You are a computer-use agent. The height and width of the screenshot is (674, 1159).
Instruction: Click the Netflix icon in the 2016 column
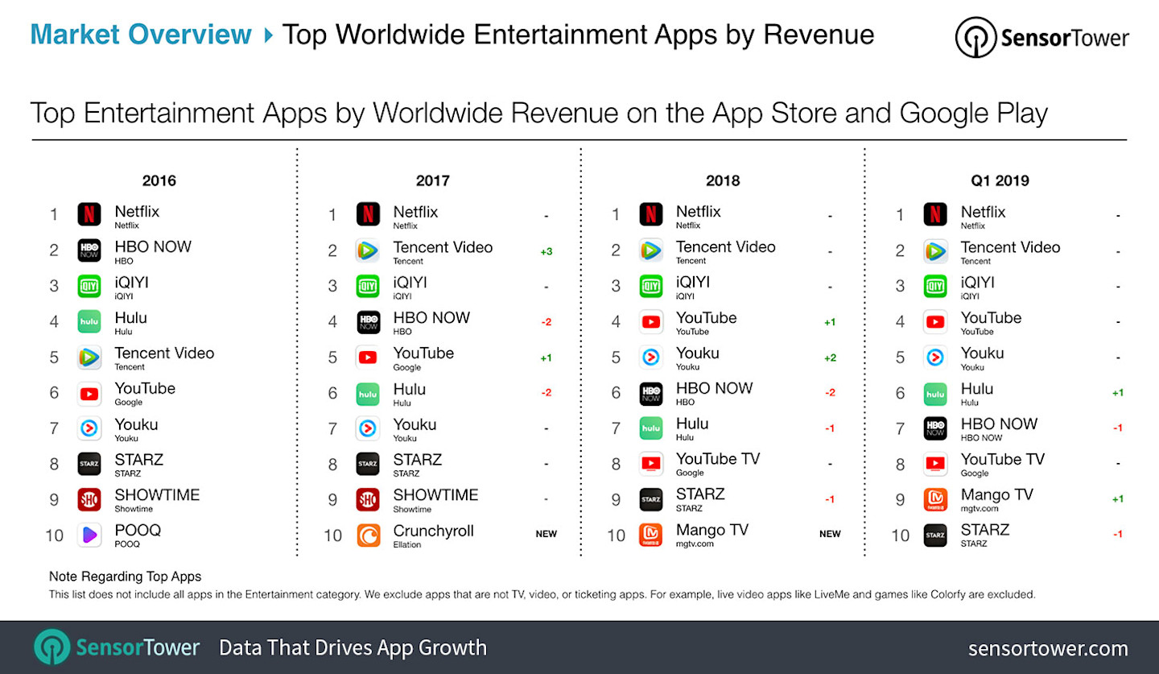coord(89,215)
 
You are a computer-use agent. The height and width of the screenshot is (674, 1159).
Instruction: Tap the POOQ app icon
coord(89,535)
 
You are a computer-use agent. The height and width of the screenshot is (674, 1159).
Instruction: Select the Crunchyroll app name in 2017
coord(433,531)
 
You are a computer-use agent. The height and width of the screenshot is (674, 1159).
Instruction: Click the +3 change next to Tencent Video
coord(546,252)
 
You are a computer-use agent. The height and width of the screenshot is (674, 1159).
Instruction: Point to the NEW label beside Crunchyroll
coord(546,534)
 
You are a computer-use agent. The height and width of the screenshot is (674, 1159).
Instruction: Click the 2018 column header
coord(722,180)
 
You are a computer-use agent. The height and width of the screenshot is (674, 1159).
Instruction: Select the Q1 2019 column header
coord(1000,180)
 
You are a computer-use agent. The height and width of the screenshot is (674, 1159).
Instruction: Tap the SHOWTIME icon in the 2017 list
coord(368,499)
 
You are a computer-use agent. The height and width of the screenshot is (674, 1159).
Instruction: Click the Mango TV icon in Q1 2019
coord(935,499)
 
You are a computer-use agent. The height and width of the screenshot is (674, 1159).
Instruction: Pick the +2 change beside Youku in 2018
coord(830,358)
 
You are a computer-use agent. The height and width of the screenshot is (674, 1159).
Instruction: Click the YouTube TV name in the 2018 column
coord(717,459)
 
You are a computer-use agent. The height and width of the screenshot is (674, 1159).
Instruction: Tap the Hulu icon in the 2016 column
coord(89,321)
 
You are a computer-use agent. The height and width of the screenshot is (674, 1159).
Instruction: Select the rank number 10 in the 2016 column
coord(54,535)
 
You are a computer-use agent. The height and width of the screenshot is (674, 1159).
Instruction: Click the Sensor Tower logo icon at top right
coord(975,38)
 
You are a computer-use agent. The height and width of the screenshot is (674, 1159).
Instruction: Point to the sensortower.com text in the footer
coord(1047,648)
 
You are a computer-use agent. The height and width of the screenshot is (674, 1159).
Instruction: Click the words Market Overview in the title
coord(141,35)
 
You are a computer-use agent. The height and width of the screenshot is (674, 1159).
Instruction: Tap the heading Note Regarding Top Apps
coord(125,577)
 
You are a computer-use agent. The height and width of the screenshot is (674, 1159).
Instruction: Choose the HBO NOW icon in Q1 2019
coord(935,428)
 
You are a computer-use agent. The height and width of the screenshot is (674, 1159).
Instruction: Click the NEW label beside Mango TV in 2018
coord(830,534)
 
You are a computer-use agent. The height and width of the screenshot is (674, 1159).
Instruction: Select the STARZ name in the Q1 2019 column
coord(984,530)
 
